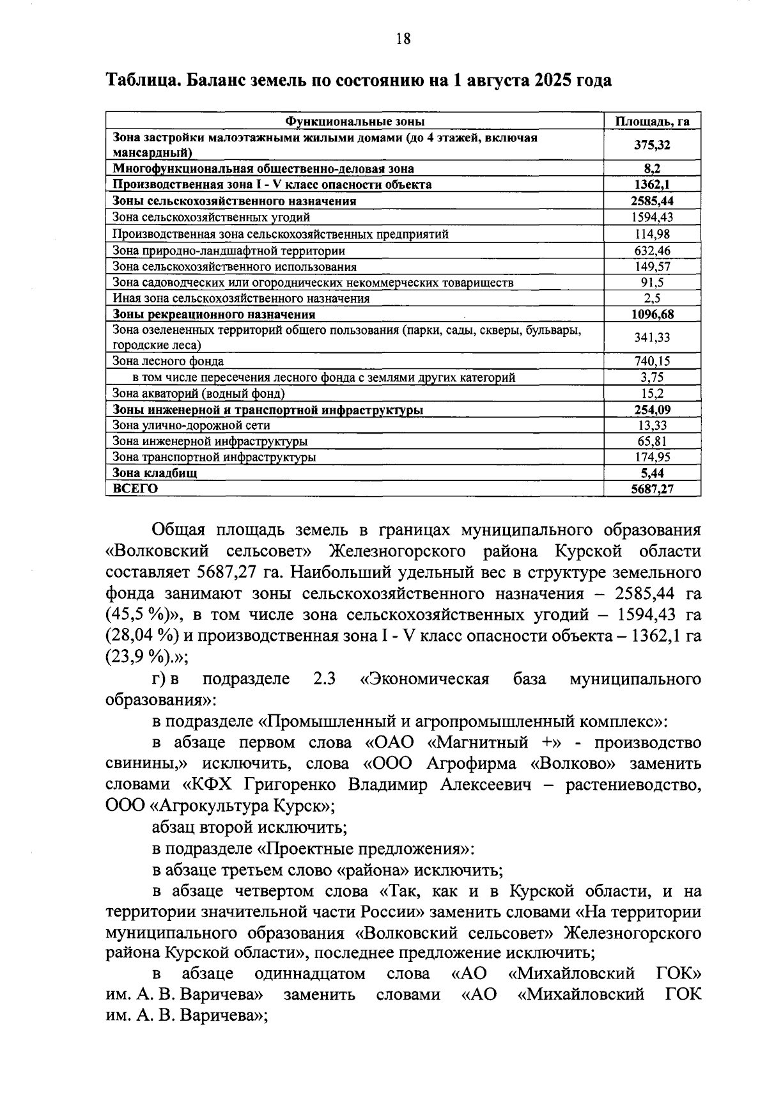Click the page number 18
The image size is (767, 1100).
coord(403,39)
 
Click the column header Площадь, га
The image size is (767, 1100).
coord(652,122)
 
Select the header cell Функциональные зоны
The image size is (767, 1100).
coord(355,122)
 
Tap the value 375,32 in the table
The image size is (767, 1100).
coord(652,145)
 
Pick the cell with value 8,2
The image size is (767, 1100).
coord(652,169)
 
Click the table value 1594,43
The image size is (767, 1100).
coord(652,217)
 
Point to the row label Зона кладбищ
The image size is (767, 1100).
coord(155,473)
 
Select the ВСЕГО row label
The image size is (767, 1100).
coord(135,489)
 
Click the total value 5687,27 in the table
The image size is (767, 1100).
coord(652,489)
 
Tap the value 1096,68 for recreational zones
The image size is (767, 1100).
coord(652,315)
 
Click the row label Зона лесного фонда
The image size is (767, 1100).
coord(168,361)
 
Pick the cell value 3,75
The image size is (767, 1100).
coord(652,377)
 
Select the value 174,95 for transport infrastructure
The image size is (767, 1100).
coord(652,457)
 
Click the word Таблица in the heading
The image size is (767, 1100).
coord(142,81)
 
